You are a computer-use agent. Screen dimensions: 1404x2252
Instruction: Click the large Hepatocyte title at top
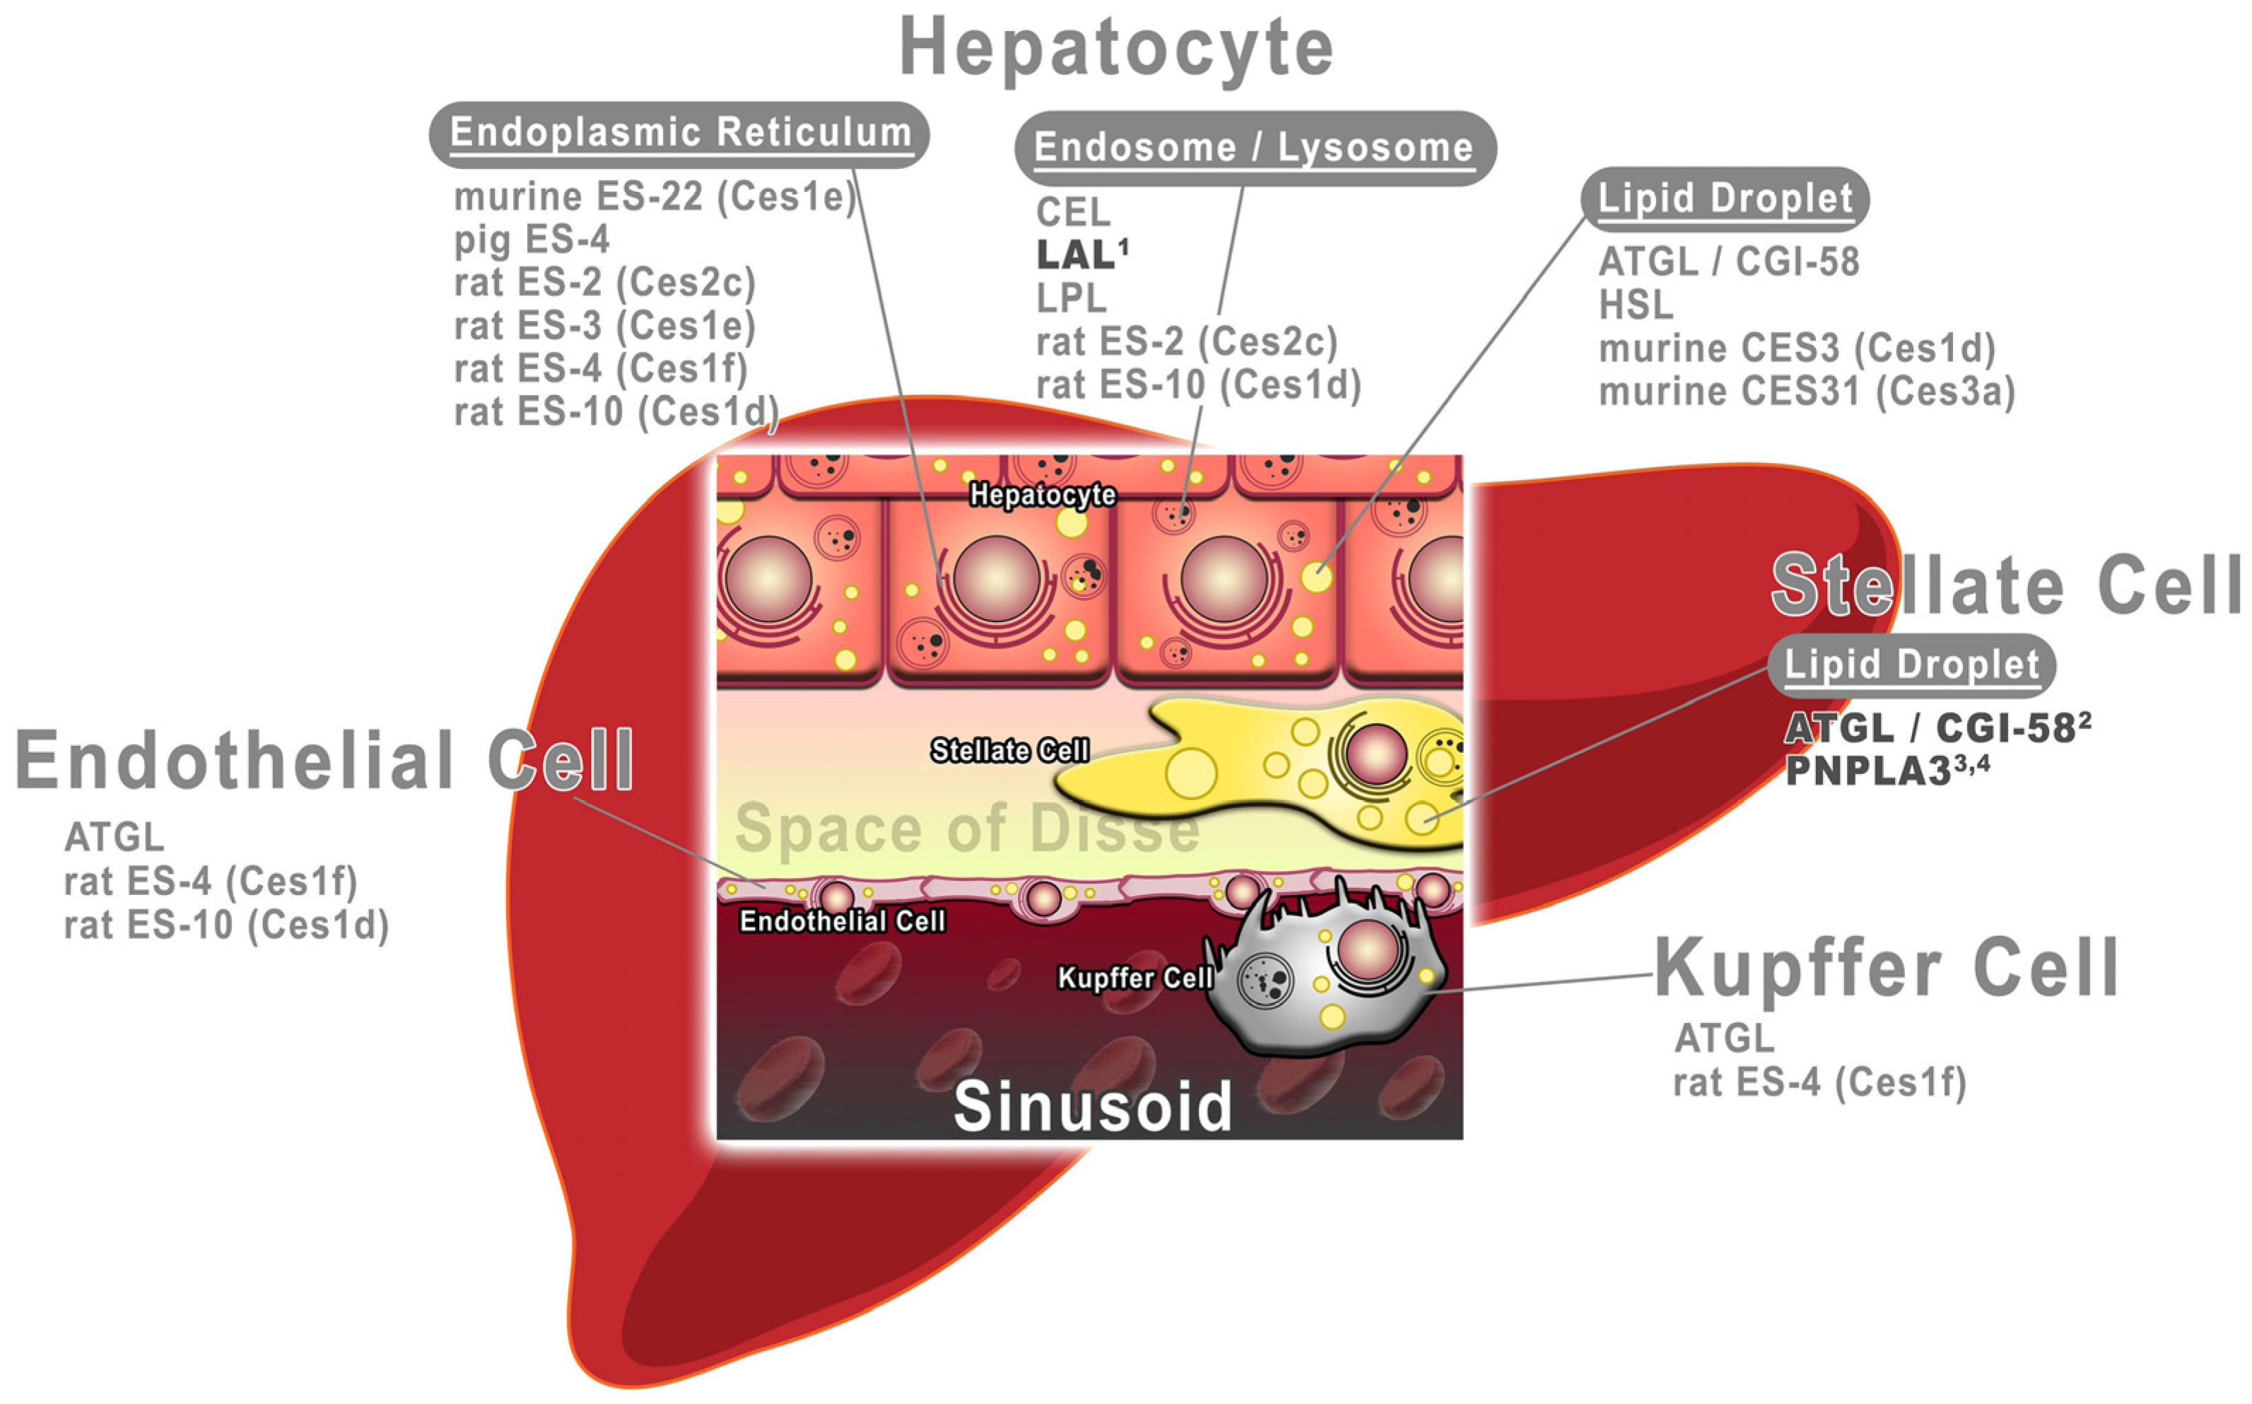[1116, 48]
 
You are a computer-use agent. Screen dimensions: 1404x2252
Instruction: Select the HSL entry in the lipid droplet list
[1636, 305]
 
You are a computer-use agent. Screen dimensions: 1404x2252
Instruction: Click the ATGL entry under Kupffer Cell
[1724, 1038]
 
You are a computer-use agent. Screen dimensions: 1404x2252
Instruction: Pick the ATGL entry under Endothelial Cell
[113, 838]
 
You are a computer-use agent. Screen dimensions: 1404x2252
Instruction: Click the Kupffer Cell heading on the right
[1887, 969]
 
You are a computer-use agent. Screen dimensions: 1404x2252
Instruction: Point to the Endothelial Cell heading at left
[323, 759]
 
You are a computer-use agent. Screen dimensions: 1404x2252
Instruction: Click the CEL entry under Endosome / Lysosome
[1072, 213]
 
